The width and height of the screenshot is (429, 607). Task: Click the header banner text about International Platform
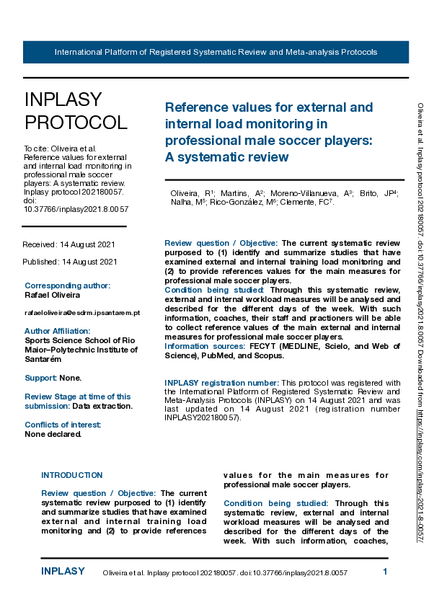(x=216, y=53)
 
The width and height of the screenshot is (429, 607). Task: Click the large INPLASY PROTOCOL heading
(x=76, y=110)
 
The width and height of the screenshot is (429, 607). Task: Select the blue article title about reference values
(x=269, y=132)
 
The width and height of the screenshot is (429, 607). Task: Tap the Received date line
(x=69, y=245)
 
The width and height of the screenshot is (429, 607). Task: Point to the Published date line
(x=69, y=262)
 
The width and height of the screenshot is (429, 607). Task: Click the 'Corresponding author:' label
(x=67, y=285)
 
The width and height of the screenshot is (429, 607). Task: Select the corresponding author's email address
(x=82, y=312)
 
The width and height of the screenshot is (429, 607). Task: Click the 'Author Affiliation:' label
(x=58, y=330)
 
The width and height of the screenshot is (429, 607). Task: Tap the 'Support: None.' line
(x=53, y=377)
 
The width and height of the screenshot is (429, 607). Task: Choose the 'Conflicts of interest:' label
(x=63, y=425)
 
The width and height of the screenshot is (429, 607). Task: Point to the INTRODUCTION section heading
(x=71, y=475)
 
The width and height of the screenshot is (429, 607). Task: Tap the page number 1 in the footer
(x=385, y=572)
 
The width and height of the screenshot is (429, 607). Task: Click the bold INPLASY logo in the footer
(x=62, y=572)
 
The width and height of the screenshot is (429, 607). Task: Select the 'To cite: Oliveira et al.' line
(x=60, y=148)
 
